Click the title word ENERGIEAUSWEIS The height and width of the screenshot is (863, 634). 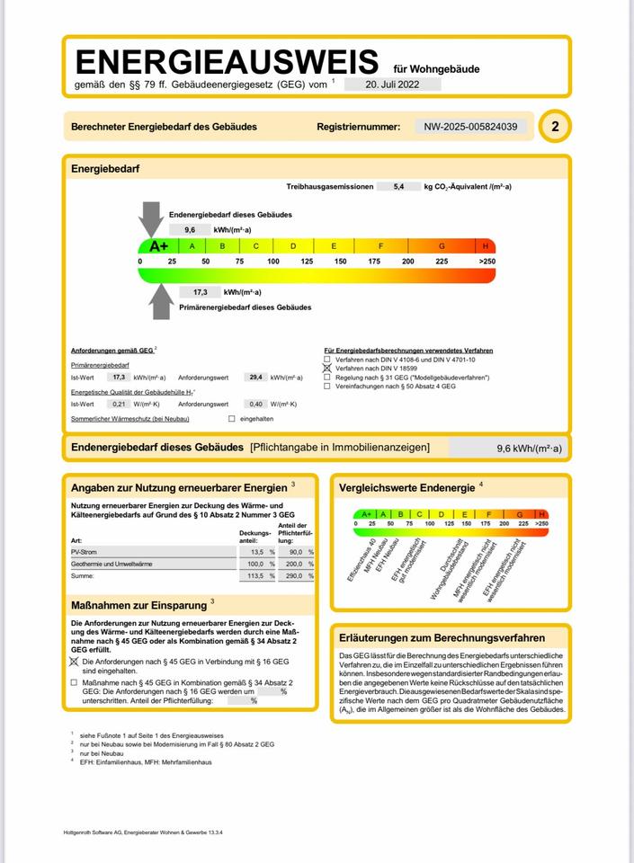227,62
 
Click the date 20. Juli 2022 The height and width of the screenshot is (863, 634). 392,84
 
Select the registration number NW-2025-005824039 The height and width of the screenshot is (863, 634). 471,127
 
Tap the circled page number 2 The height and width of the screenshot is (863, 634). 555,127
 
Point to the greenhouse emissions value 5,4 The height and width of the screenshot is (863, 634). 400,186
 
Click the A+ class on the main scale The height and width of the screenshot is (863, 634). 158,246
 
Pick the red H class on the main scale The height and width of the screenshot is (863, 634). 486,246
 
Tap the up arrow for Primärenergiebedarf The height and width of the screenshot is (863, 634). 161,299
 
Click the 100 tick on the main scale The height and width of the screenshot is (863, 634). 272,261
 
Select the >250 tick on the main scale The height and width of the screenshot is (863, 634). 487,261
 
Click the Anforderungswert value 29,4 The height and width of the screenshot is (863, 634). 256,378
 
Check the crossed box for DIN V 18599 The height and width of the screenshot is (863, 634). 327,369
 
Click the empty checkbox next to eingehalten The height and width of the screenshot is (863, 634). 232,419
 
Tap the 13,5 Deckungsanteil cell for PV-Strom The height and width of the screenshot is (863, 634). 256,552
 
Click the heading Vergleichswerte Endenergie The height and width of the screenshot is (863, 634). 407,487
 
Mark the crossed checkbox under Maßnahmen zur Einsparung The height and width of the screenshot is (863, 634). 75,662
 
